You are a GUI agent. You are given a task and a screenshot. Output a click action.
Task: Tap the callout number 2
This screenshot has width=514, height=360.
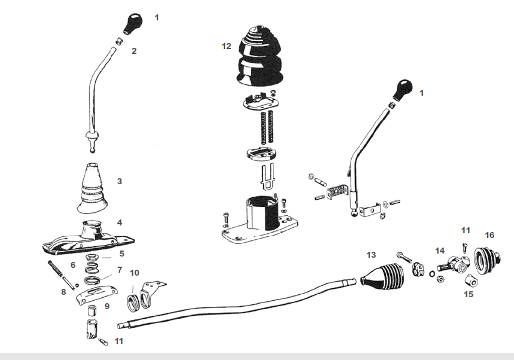134,51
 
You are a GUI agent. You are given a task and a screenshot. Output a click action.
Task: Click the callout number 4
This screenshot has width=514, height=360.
120,222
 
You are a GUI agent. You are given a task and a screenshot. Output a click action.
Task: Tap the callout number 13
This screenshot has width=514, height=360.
372,255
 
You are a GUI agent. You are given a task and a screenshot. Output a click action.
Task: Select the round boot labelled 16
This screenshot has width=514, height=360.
486,258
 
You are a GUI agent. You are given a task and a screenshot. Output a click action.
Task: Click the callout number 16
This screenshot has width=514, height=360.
489,235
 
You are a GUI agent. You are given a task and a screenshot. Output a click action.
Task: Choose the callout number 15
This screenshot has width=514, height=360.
469,294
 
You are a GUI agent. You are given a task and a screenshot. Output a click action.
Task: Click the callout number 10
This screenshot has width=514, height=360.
135,273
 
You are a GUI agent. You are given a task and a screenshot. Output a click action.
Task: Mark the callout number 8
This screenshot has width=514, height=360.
63,292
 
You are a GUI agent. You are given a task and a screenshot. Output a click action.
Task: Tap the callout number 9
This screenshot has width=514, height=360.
107,306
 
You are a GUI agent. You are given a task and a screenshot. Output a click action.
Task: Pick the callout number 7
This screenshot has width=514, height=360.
120,270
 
